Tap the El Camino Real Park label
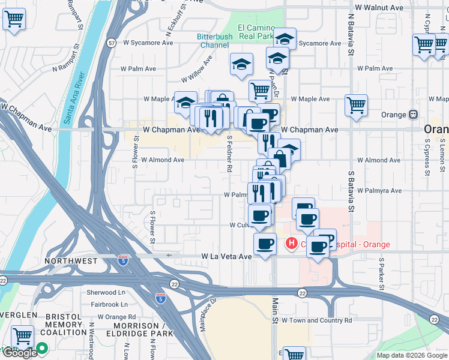(256, 32)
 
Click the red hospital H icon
(291, 244)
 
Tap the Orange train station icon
(413, 115)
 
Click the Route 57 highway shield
(112, 43)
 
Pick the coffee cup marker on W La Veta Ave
(265, 244)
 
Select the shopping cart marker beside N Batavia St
(356, 105)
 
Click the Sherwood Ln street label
(106, 292)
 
